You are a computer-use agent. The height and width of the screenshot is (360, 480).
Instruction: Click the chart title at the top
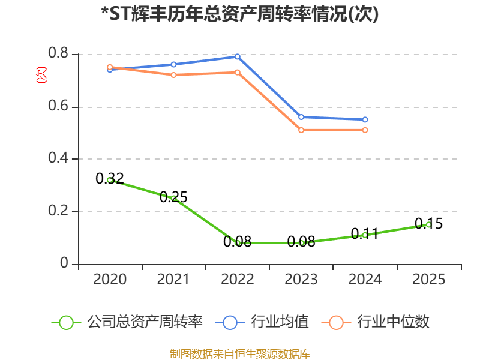pyautogui.click(x=240, y=14)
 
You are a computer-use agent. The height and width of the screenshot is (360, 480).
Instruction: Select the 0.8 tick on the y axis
pyautogui.click(x=58, y=53)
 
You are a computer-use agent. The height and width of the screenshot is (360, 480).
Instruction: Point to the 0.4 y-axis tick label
pyautogui.click(x=58, y=158)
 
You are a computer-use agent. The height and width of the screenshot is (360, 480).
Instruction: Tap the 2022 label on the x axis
pyautogui.click(x=237, y=279)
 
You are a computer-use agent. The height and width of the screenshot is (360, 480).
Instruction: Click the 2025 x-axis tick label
pyautogui.click(x=428, y=279)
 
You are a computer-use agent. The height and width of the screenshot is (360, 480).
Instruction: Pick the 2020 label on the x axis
pyautogui.click(x=110, y=279)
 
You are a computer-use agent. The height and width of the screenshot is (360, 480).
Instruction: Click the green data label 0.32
pyautogui.click(x=110, y=178)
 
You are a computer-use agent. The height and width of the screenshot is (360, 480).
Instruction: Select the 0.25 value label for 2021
pyautogui.click(x=173, y=197)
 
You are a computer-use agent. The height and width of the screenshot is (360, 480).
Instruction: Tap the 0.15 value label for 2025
pyautogui.click(x=428, y=223)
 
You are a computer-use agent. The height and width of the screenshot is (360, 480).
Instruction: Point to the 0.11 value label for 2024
pyautogui.click(x=365, y=234)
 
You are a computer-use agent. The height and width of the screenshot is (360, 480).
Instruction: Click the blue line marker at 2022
pyautogui.click(x=237, y=56)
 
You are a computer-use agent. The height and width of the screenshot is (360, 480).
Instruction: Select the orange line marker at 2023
pyautogui.click(x=301, y=130)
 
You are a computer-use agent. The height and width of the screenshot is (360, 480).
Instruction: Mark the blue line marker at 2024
pyautogui.click(x=365, y=119)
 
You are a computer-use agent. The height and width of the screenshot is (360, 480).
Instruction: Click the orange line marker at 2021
pyautogui.click(x=173, y=75)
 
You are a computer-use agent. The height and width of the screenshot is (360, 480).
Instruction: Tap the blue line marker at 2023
pyautogui.click(x=301, y=117)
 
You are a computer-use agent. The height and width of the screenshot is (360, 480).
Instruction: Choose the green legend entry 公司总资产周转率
pyautogui.click(x=127, y=322)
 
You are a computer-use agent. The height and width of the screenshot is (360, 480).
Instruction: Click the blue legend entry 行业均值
pyautogui.click(x=262, y=322)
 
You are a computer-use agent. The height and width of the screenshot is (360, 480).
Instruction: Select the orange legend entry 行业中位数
pyautogui.click(x=376, y=322)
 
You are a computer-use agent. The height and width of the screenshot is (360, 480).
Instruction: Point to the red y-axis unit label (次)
pyautogui.click(x=41, y=75)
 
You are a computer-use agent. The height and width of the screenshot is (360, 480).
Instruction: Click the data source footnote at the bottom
pyautogui.click(x=240, y=354)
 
